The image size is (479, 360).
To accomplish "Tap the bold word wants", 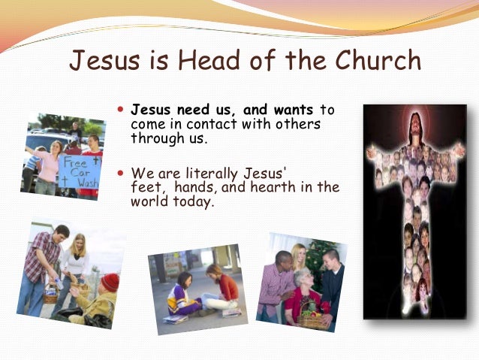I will click(x=294, y=110).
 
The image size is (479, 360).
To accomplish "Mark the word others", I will click(x=297, y=123).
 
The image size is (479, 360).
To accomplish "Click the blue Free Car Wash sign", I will click(x=80, y=171).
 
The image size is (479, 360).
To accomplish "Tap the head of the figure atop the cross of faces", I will click(x=414, y=127).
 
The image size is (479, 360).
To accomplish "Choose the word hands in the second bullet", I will click(x=197, y=187).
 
